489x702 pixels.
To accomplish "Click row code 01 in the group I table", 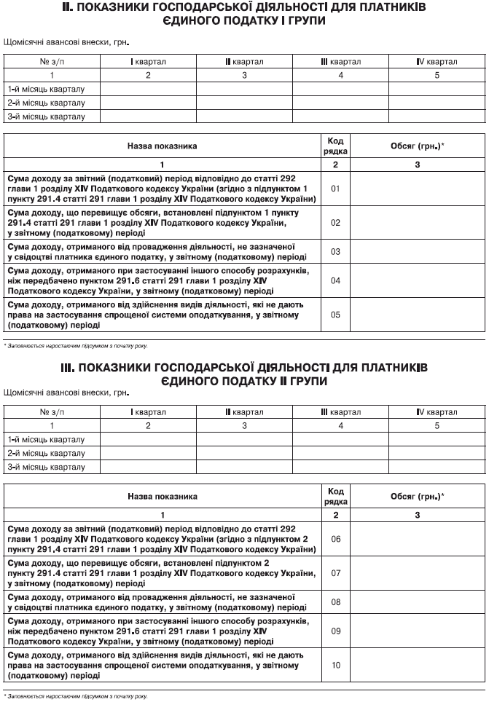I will [x=335, y=188].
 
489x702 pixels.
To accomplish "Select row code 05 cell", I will [x=335, y=315].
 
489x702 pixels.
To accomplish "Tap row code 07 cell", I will [x=335, y=572].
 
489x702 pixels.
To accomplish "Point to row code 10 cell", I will [x=335, y=665].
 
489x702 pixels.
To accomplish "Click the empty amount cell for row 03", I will [x=418, y=251].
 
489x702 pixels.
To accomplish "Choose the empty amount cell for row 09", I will [x=418, y=631].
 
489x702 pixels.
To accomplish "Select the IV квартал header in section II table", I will [x=437, y=62].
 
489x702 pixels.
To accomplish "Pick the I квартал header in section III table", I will [x=148, y=412].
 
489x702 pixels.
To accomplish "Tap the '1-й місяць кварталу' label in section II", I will [x=46, y=89].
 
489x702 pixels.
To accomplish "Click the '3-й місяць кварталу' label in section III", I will [x=46, y=467].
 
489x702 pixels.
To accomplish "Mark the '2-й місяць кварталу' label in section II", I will [x=46, y=103].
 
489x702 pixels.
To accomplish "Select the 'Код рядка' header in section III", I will [x=335, y=496].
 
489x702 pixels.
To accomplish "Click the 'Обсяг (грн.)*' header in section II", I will [x=418, y=146].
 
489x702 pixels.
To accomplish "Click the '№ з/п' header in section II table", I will [x=52, y=62].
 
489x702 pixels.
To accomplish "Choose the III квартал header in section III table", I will [x=340, y=412].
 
